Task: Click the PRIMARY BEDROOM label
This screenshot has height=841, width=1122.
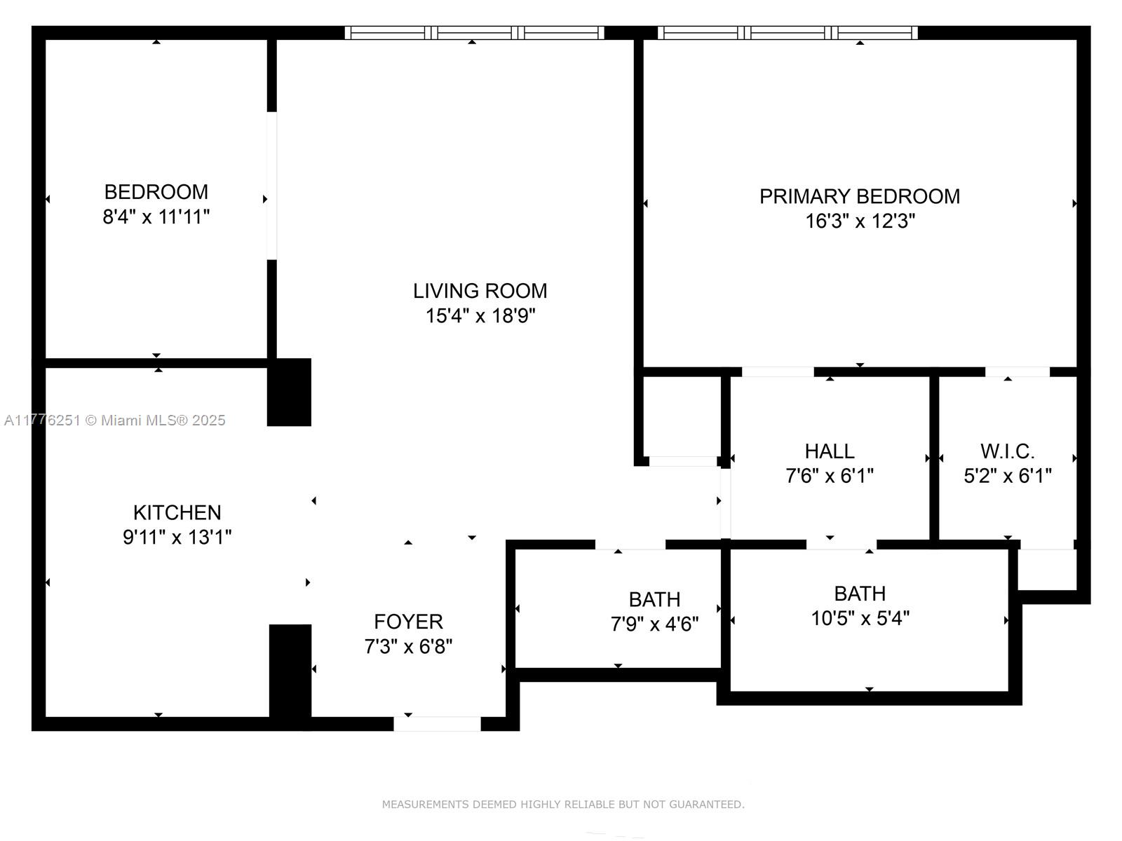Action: coord(859,196)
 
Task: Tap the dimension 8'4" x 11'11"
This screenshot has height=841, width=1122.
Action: coord(156,217)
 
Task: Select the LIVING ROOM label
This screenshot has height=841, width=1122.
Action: coord(480,291)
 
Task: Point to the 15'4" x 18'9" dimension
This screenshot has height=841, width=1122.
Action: coord(480,316)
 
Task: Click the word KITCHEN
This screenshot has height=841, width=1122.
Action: coord(177,512)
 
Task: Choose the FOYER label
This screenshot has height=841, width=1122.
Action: coord(408,622)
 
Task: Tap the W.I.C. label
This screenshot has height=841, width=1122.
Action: coord(1007,451)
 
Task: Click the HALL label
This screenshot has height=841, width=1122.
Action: coord(829,451)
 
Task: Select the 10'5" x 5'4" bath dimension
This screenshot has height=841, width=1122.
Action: coord(860,619)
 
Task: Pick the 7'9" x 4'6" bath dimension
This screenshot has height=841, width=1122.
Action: coord(654,624)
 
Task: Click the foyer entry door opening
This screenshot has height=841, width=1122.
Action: coord(437,724)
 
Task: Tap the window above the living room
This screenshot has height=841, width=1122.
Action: coord(474,32)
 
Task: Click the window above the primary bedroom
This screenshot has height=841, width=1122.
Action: coord(788,32)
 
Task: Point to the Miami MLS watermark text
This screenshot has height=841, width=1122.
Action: coord(115,420)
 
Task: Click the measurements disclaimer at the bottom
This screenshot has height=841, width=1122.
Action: coord(562,805)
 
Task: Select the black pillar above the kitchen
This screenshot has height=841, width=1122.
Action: coord(289,392)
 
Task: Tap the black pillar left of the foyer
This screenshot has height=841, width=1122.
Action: coord(290,673)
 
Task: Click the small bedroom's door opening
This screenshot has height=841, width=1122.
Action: coord(271,186)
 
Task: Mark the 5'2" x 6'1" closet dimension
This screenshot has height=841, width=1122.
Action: coord(1007,477)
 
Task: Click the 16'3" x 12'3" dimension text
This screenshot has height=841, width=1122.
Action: coord(859,221)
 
